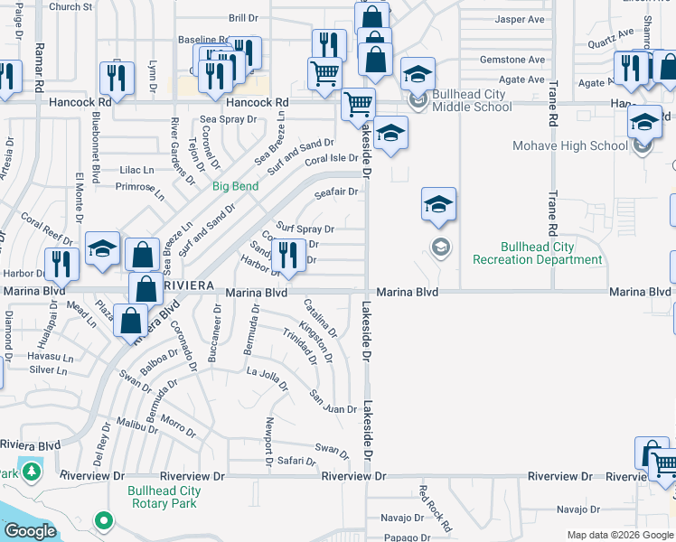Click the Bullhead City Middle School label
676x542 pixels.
pos(472,100)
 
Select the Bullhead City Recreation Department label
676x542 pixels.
pos(537,253)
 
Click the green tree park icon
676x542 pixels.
pos(32,472)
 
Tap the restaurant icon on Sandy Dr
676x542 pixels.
pos(288,255)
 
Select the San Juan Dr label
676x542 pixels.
pos(333,403)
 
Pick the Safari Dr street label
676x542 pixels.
pos(296,461)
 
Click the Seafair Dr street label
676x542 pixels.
pos(336,192)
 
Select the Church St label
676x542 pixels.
pos(71,6)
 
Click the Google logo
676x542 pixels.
pos(29,531)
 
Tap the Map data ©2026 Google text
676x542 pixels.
pos(619,535)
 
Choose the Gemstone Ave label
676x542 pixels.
pos(512,60)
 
